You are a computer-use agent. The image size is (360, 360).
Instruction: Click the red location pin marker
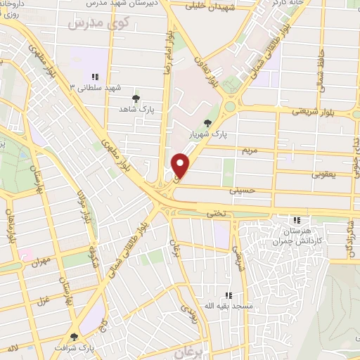click(x=181, y=164)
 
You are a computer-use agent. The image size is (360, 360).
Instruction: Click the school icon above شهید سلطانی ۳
click(x=94, y=77)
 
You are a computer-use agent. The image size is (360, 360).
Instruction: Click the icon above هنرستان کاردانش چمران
click(x=297, y=220)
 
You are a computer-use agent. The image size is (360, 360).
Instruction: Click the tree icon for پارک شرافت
click(x=75, y=337)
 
